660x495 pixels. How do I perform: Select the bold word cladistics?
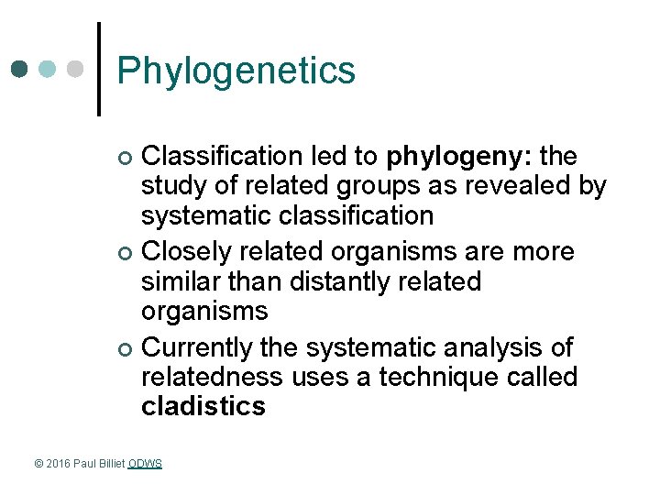[203, 407]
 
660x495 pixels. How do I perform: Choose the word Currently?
[198, 347]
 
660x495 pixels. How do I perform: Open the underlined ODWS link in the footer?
[145, 464]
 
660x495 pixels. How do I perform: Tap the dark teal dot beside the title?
[21, 69]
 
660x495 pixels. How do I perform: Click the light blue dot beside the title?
[49, 69]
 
